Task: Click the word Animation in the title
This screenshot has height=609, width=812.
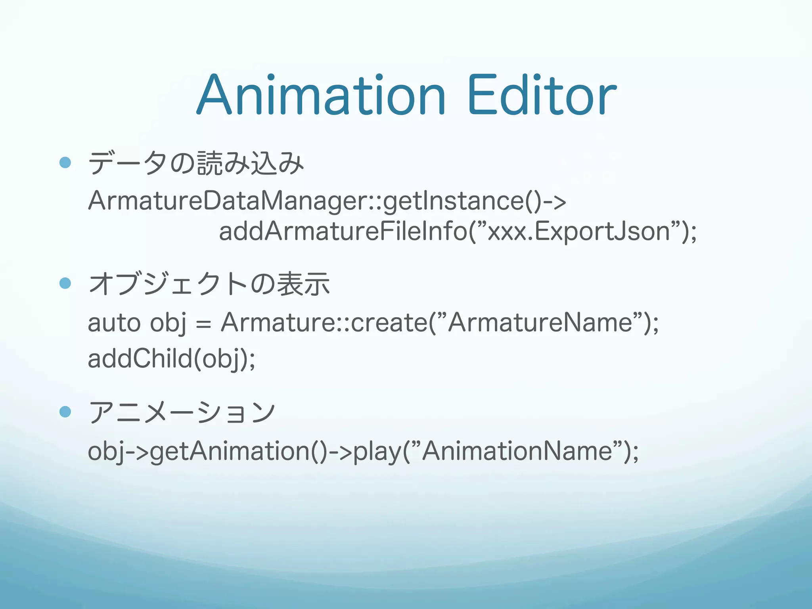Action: click(x=321, y=95)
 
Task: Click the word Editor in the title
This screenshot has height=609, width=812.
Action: click(x=542, y=95)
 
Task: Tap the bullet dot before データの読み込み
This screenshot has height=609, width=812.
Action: click(x=65, y=162)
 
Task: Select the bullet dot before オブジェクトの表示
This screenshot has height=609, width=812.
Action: click(x=65, y=283)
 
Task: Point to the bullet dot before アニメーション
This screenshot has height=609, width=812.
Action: click(x=65, y=412)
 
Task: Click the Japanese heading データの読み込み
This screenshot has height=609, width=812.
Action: click(x=196, y=163)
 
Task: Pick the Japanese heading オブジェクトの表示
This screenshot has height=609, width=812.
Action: click(x=209, y=284)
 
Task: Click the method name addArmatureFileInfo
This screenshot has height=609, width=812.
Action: click(x=343, y=232)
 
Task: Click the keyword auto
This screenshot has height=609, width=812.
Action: click(x=114, y=323)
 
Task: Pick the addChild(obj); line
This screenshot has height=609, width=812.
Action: click(x=171, y=359)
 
